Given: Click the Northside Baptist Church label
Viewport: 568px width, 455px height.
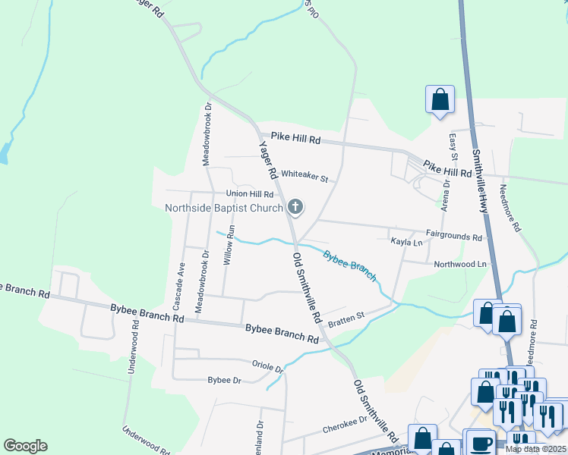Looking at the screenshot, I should pyautogui.click(x=224, y=208).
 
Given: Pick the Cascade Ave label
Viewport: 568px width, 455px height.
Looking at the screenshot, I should pyautogui.click(x=180, y=286).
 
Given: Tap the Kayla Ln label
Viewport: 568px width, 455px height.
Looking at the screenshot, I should pyautogui.click(x=406, y=242).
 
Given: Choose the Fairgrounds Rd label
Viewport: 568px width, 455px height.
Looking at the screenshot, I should pyautogui.click(x=454, y=237).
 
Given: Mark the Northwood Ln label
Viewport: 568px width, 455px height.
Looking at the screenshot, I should pyautogui.click(x=459, y=264).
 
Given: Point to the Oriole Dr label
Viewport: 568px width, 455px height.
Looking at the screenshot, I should pyautogui.click(x=267, y=366).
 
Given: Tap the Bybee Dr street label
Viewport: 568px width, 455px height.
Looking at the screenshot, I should pyautogui.click(x=224, y=380).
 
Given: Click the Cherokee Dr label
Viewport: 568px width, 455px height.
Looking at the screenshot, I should pyautogui.click(x=345, y=423).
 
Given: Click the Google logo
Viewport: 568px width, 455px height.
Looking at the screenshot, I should pyautogui.click(x=25, y=446).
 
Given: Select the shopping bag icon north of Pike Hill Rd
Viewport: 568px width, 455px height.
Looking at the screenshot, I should pyautogui.click(x=440, y=99).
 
